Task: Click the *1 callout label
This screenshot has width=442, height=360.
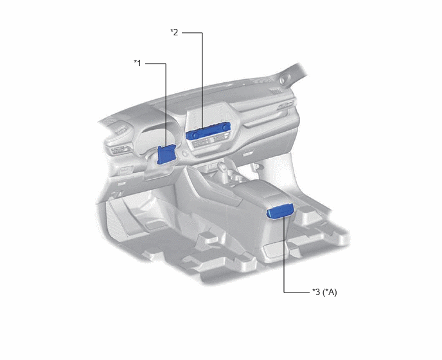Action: click(x=137, y=63)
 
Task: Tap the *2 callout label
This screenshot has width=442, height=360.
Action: click(x=174, y=32)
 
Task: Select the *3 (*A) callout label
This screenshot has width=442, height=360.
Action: click(x=324, y=292)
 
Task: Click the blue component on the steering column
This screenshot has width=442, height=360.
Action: click(x=166, y=154)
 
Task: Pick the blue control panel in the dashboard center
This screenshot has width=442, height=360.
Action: click(x=208, y=132)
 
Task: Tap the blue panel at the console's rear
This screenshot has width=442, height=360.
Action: click(x=281, y=212)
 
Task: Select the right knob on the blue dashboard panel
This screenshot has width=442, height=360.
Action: click(x=225, y=128)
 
